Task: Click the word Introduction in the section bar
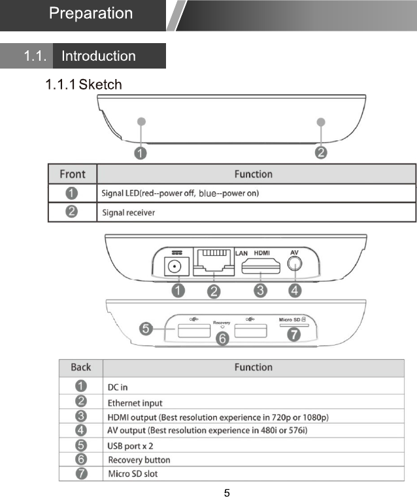click(98, 56)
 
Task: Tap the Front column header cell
click(73, 174)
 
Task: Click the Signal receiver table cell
click(129, 213)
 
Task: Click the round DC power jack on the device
click(175, 267)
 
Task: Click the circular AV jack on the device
click(295, 264)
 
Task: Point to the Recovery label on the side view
click(222, 323)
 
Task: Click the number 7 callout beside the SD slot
click(295, 334)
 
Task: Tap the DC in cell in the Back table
click(118, 388)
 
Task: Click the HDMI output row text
click(217, 417)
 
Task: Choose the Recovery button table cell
click(139, 460)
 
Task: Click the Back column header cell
click(81, 368)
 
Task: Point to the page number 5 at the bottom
click(227, 492)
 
